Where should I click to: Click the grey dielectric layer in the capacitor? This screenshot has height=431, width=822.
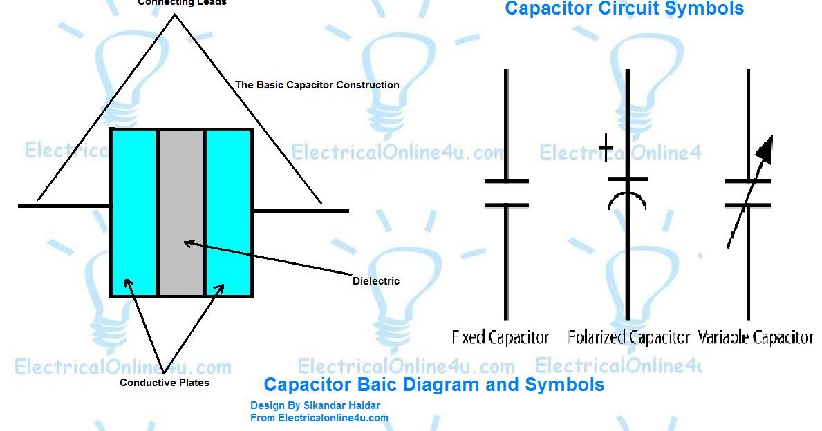(181, 212)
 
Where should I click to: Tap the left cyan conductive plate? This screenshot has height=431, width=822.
(133, 212)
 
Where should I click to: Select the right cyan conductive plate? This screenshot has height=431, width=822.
(228, 212)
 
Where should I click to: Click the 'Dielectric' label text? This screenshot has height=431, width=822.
(376, 281)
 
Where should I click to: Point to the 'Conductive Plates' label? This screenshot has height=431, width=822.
(165, 383)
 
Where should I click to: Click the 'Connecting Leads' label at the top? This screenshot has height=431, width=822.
(182, 3)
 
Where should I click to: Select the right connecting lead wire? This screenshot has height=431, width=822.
(301, 211)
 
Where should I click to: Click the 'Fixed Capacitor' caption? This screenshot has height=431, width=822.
(500, 338)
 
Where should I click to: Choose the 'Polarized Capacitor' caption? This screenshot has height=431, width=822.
(628, 338)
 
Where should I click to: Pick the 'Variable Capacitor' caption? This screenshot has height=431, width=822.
(755, 338)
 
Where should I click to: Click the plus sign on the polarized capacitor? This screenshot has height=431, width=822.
(606, 148)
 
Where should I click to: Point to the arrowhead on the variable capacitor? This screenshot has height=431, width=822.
(765, 146)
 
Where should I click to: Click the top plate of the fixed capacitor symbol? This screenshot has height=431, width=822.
(507, 181)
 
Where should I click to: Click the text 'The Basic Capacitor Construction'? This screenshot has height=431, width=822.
(317, 85)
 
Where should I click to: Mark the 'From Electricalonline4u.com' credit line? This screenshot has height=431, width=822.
(319, 418)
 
